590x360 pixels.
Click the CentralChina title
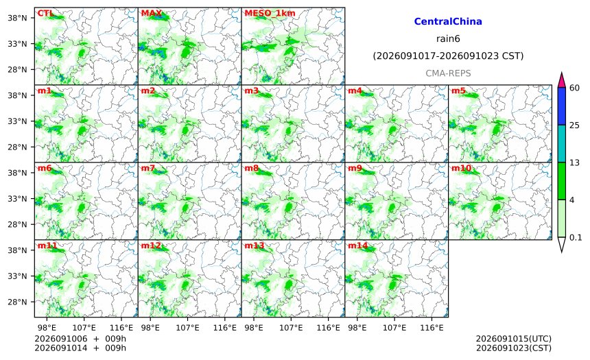(x=448, y=21)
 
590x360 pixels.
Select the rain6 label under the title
(x=448, y=39)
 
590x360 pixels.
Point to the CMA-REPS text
(x=448, y=73)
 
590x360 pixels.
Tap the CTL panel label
(x=45, y=13)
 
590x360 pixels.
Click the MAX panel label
(x=151, y=13)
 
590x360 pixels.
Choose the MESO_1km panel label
(x=270, y=13)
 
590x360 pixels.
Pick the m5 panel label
(x=458, y=91)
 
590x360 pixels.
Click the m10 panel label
(x=461, y=168)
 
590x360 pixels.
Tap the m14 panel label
(x=357, y=245)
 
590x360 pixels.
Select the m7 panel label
(x=148, y=168)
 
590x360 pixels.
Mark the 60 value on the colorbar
(x=575, y=88)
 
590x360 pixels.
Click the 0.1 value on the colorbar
(x=576, y=237)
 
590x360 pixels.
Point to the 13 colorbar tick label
(x=575, y=163)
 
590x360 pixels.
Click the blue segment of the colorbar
(x=562, y=106)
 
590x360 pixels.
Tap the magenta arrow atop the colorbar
(x=562, y=80)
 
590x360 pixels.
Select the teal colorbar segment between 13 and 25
(x=562, y=143)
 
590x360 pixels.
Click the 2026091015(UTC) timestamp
(x=514, y=339)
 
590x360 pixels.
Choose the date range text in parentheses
(x=448, y=56)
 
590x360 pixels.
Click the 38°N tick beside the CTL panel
(x=17, y=18)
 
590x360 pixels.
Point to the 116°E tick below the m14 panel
(x=432, y=328)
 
